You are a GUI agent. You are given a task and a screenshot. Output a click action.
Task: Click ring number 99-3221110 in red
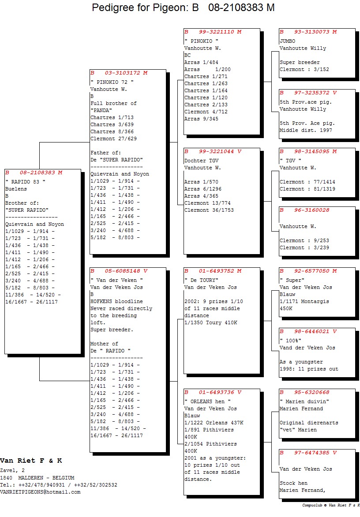coord(216,32)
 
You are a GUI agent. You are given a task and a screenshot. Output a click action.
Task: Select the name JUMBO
coord(288,41)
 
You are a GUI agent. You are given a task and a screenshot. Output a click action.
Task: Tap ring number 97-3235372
coord(311,93)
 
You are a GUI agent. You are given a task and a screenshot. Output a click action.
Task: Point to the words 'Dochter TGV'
coord(202,161)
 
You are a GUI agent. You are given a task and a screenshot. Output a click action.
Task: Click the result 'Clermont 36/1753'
coord(209,210)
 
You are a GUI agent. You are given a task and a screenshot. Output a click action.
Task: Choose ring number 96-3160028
coord(311,210)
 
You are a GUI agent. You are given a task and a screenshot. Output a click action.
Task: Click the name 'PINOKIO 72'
coord(112,82)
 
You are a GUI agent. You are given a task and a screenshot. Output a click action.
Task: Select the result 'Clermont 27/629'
coord(113,139)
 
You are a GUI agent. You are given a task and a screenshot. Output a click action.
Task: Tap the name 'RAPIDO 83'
coord(25,182)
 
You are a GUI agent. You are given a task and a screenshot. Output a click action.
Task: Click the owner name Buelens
coord(16,189)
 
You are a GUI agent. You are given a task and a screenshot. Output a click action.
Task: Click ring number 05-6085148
coord(122,271)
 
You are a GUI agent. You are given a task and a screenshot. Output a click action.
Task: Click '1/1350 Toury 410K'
coord(210,323)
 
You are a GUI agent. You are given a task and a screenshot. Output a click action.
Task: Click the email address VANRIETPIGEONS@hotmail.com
coord(40,492)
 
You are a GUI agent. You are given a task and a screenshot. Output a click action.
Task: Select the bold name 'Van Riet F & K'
coord(31,461)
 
